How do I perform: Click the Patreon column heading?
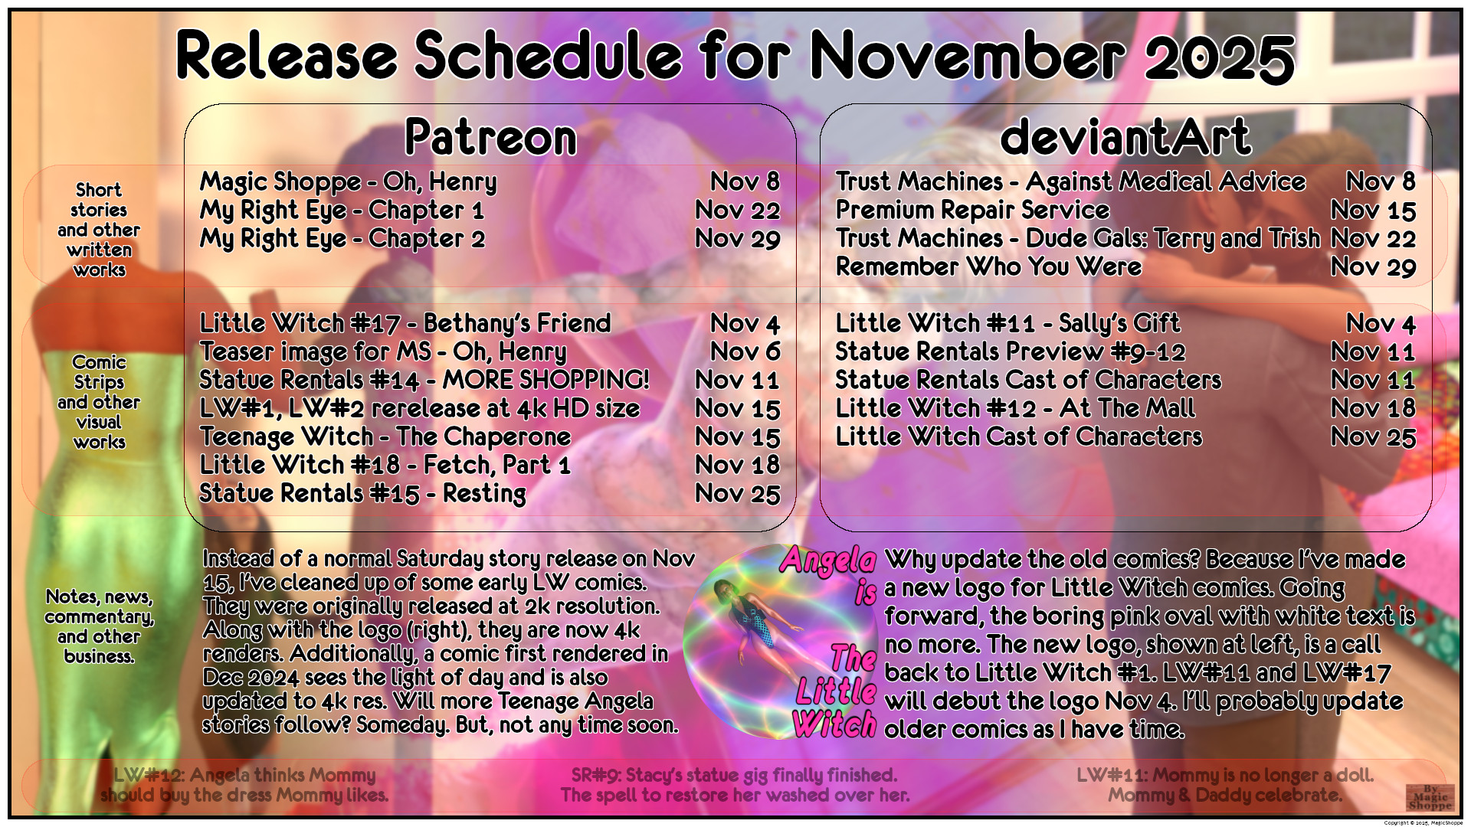[490, 138]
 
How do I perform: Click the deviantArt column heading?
[1125, 138]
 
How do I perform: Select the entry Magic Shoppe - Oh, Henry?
[349, 182]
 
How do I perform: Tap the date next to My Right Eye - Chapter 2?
[737, 239]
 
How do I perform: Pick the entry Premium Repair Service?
[972, 210]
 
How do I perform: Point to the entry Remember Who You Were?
[988, 266]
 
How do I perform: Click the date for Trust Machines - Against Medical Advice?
[1381, 182]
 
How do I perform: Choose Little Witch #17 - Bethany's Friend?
[405, 324]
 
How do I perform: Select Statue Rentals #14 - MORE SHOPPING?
[424, 381]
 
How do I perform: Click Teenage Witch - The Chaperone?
[385, 437]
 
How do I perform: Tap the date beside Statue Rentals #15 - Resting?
[737, 494]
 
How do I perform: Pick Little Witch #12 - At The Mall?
[1015, 408]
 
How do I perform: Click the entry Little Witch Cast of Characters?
[1019, 436]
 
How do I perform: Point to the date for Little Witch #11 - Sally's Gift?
[1381, 324]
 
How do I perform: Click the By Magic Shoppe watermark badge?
[1430, 797]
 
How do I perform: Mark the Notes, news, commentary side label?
[99, 626]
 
